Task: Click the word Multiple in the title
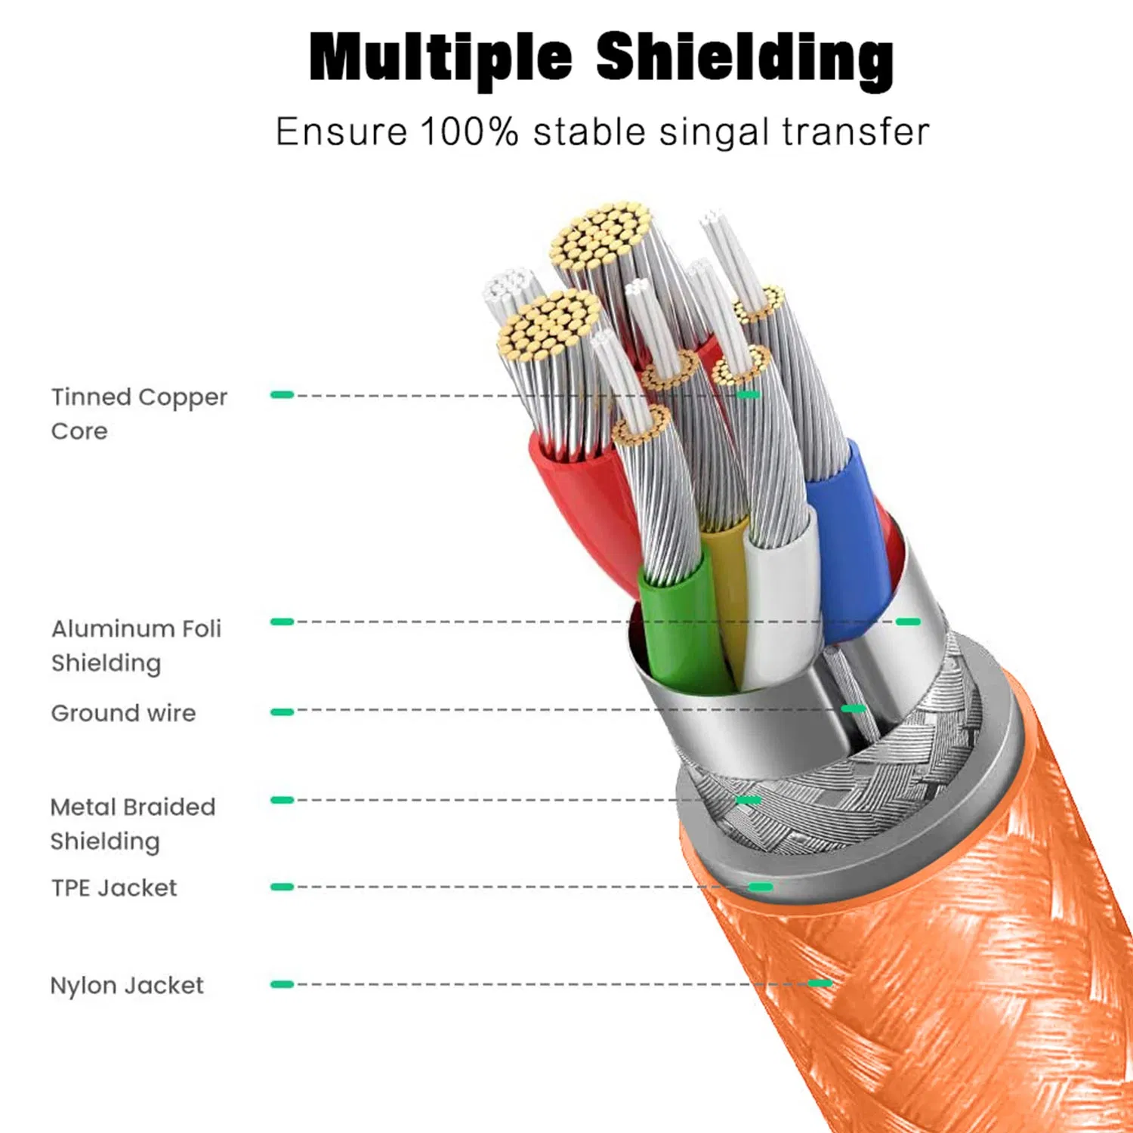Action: click(x=440, y=59)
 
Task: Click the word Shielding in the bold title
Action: click(x=745, y=59)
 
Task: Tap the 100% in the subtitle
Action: click(x=469, y=132)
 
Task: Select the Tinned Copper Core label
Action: click(x=138, y=413)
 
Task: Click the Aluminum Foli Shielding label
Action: click(x=136, y=645)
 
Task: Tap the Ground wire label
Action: click(x=123, y=712)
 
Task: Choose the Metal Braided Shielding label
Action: click(x=132, y=823)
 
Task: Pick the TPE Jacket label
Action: click(x=113, y=888)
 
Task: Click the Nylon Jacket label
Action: click(x=126, y=985)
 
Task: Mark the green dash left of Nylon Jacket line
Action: click(x=282, y=984)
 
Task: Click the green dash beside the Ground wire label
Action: click(x=282, y=712)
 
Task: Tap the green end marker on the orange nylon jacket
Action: click(x=820, y=983)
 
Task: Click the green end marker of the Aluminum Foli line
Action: click(x=908, y=622)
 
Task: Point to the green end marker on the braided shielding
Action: click(x=748, y=800)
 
